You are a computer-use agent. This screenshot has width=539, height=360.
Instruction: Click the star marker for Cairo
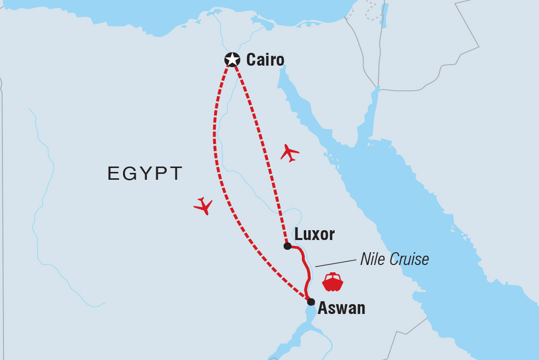point(232,60)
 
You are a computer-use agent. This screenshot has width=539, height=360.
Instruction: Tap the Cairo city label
point(265,60)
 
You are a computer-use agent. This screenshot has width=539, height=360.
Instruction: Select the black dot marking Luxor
point(288,246)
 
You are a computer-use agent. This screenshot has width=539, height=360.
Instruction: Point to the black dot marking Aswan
point(311,302)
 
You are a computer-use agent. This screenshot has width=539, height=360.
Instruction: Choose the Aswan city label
point(342,308)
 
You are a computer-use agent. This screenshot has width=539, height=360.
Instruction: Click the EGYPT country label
point(145,173)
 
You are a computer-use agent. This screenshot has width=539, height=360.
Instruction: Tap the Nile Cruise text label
point(394,259)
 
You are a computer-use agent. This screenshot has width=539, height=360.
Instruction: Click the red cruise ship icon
point(333,282)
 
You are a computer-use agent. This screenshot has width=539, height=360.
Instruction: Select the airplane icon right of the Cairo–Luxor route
point(290,153)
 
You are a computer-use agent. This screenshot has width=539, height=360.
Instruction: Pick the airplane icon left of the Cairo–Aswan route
point(203,206)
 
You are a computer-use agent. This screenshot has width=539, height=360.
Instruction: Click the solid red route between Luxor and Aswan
point(306,267)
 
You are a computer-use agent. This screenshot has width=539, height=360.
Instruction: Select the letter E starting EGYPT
point(112,173)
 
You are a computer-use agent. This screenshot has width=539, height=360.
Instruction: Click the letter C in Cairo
point(251,60)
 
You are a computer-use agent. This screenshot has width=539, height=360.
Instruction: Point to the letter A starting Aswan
point(323,308)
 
